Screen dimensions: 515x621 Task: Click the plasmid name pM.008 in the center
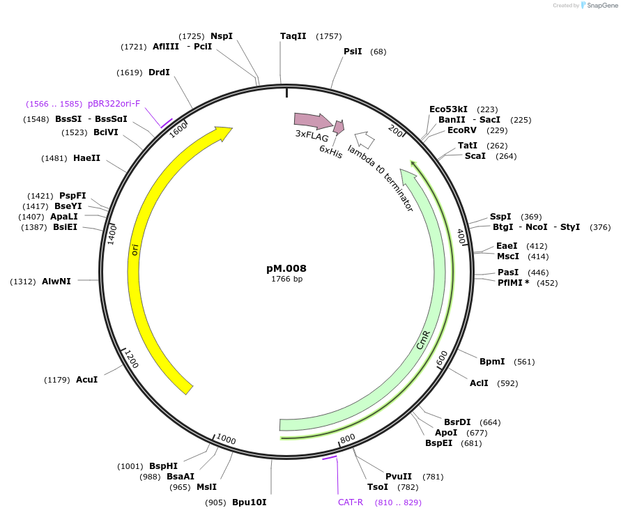286,268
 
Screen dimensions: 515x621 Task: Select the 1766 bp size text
286,279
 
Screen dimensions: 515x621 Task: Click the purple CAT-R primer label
351,502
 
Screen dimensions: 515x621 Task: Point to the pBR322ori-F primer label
114,104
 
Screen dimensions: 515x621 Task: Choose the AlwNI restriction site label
56,282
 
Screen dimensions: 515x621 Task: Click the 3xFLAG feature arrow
314,120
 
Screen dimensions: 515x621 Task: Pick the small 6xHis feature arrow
339,127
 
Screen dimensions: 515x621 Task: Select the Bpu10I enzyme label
249,502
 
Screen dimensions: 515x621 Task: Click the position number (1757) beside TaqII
329,36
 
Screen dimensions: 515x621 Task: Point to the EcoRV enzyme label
462,130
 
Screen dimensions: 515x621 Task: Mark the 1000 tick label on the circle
226,440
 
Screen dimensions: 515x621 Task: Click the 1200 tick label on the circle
130,359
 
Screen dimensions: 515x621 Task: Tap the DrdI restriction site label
159,72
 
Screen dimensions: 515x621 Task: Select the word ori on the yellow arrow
135,249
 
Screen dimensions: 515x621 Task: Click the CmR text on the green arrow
423,340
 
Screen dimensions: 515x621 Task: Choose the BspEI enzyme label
439,443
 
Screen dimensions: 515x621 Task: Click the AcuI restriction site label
86,380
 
